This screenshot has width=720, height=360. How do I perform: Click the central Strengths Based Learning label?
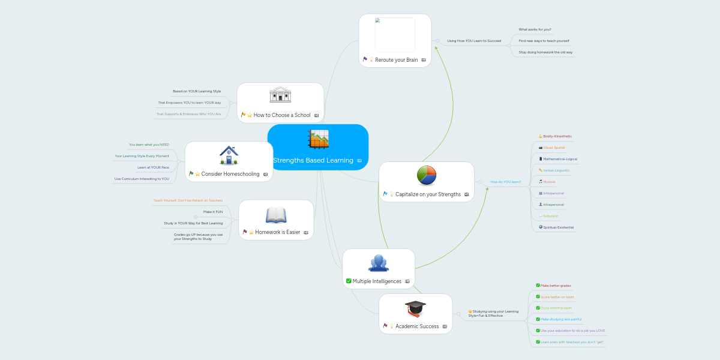click(313, 160)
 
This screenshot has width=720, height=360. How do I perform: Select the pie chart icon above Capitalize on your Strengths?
click(427, 176)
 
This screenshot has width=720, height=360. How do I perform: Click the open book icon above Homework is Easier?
click(276, 215)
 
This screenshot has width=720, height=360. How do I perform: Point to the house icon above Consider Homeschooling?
click(229, 155)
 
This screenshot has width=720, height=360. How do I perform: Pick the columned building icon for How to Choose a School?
click(280, 95)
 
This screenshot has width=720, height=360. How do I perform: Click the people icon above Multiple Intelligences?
click(379, 263)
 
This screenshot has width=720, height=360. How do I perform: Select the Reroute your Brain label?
click(396, 60)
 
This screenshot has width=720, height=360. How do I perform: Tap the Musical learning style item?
click(548, 182)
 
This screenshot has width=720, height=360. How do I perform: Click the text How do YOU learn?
click(505, 181)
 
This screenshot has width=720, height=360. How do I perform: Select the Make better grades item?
click(556, 286)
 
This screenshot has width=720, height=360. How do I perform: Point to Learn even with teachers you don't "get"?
click(572, 342)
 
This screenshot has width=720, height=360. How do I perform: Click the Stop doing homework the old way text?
click(545, 52)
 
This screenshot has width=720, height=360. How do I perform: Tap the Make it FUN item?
click(213, 212)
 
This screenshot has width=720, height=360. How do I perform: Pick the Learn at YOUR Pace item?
click(153, 167)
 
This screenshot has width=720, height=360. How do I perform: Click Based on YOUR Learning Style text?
click(197, 91)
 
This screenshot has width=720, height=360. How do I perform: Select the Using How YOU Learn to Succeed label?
click(474, 41)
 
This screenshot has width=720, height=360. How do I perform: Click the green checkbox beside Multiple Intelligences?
click(349, 281)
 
